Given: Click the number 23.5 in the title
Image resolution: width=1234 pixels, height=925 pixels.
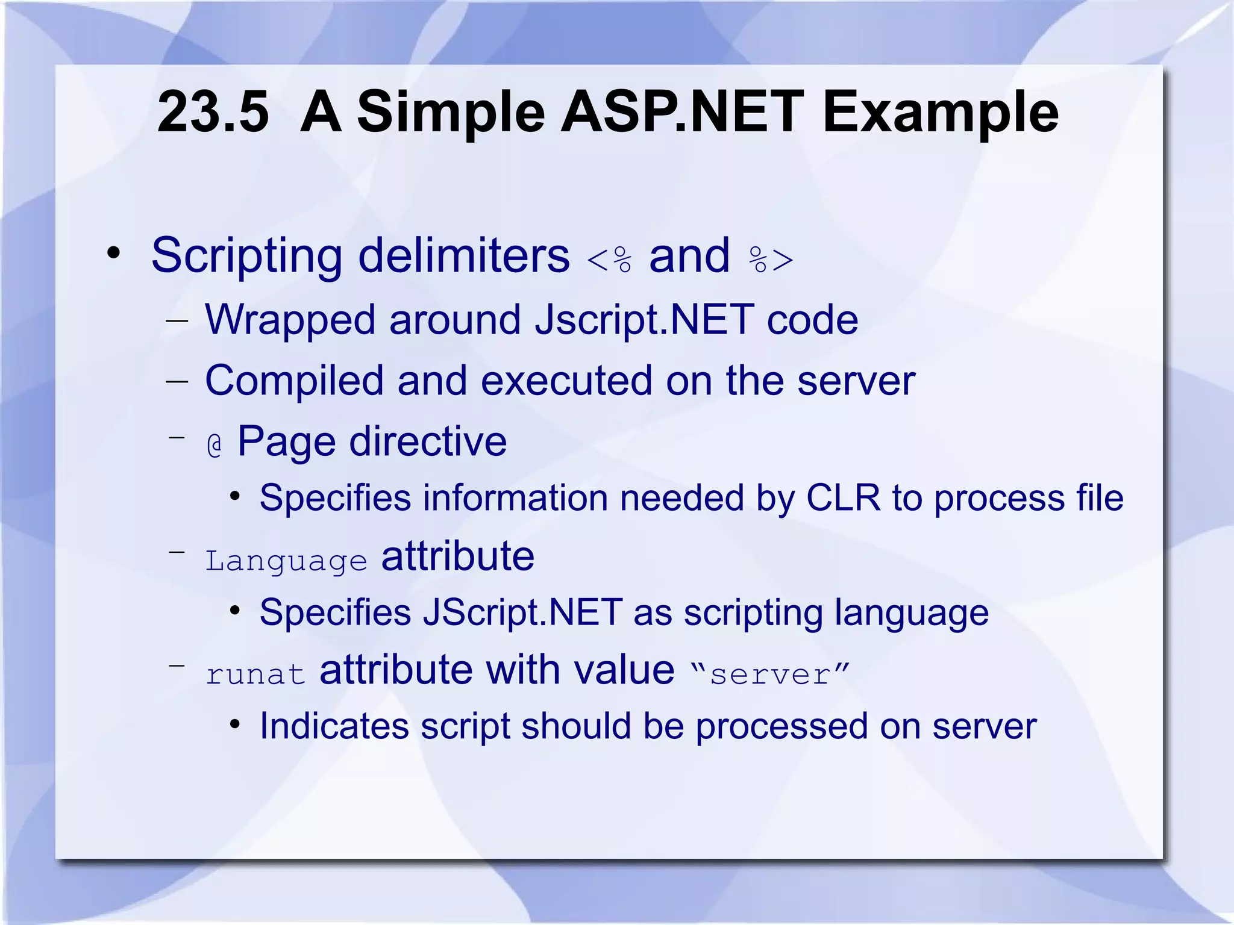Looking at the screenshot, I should coord(212,112).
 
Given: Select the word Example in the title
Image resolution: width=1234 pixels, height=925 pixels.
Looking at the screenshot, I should coord(940,112).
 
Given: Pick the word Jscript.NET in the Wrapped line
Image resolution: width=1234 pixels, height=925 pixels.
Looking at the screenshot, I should coord(644,319).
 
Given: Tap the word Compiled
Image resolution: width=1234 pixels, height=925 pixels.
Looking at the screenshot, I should coord(294,381).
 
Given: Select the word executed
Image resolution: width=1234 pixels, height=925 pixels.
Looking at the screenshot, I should coord(566,381).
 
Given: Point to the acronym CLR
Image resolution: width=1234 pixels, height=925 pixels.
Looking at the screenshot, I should coord(843,498).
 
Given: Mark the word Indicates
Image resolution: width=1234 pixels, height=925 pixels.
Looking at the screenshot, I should coord(334,726).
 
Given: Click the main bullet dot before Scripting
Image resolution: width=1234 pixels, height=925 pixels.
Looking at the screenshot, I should coord(113,254).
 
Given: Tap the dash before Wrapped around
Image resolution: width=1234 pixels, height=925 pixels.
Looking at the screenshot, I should coord(177,321).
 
